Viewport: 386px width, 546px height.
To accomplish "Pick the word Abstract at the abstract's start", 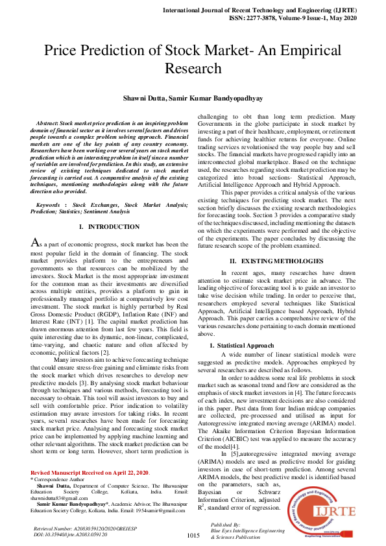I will coord(48,123).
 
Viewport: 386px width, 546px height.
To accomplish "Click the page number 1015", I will coord(193,535).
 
